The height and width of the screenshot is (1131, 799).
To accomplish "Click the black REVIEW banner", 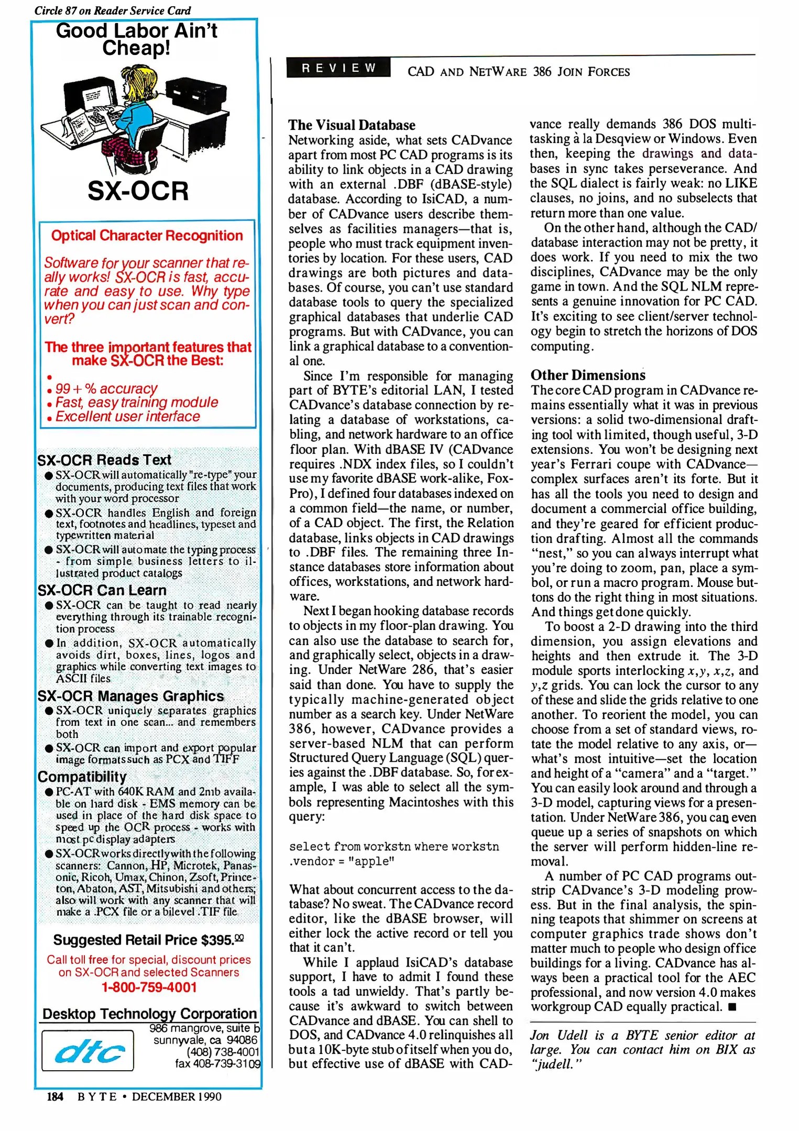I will pyautogui.click(x=338, y=68).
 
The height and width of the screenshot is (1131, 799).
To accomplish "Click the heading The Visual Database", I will pyautogui.click(x=352, y=125).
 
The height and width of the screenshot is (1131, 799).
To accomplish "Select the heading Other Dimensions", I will pyautogui.click(x=588, y=375).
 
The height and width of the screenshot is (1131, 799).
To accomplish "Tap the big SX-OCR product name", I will pyautogui.click(x=138, y=191).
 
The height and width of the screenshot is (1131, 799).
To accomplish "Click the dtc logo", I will pyautogui.click(x=88, y=1051).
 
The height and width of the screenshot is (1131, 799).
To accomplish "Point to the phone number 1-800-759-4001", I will pyautogui.click(x=149, y=987).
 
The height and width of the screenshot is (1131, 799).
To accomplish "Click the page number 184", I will pyautogui.click(x=54, y=1096).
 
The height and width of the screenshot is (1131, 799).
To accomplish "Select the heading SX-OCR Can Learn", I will pyautogui.click(x=102, y=590).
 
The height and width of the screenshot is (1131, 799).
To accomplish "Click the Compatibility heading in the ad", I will pyautogui.click(x=82, y=777).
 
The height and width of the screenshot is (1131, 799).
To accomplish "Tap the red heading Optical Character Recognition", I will pyautogui.click(x=147, y=236).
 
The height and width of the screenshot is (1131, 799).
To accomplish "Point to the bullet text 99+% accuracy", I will pyautogui.click(x=106, y=389).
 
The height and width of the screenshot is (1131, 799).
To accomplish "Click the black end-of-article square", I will pyautogui.click(x=732, y=1007).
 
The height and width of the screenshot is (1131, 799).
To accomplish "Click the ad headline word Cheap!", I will pyautogui.click(x=136, y=48).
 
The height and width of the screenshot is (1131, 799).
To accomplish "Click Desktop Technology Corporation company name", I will pyautogui.click(x=149, y=1014).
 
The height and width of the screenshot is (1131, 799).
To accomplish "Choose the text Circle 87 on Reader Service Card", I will pyautogui.click(x=113, y=10).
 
